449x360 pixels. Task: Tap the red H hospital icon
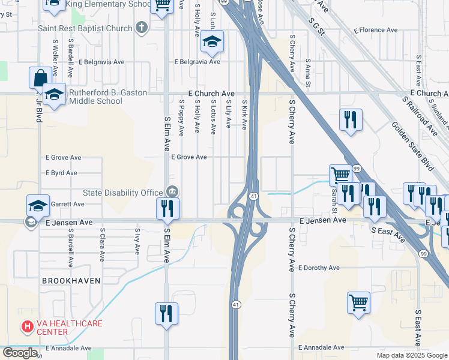pos(27,327)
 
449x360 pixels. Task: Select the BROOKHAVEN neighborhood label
pos(70,281)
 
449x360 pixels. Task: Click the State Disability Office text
pos(122,193)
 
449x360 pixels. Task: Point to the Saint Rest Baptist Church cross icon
pos(141,27)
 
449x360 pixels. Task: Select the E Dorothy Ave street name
pos(327,268)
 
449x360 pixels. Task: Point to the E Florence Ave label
pos(376,29)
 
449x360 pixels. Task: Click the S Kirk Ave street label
pos(244,115)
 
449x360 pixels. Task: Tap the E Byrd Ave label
pos(62,173)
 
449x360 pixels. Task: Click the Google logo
pos(20,353)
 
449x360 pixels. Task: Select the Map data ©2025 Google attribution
pos(411,355)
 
